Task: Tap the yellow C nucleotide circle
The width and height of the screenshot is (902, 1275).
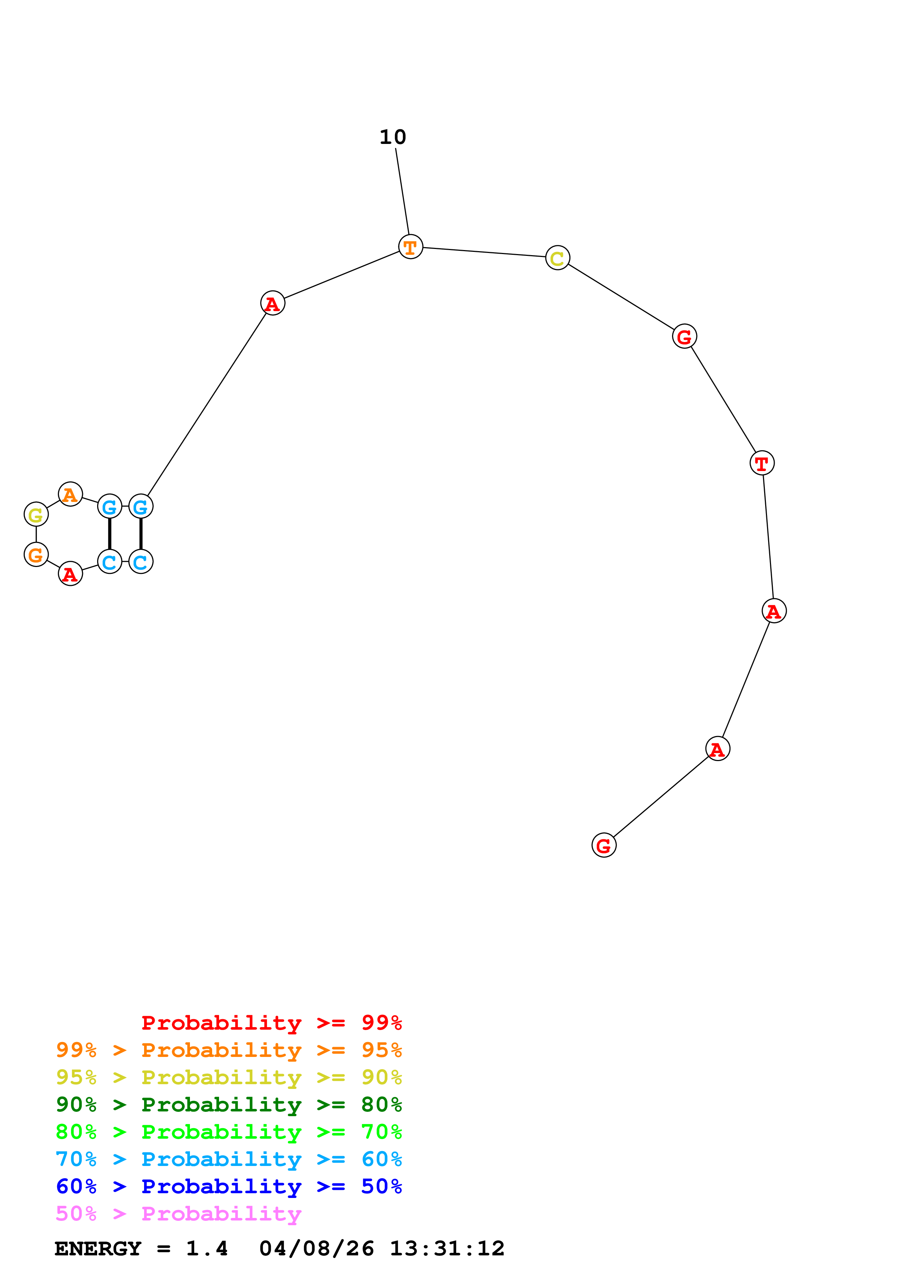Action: [557, 258]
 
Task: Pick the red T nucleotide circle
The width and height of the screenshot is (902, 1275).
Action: [762, 463]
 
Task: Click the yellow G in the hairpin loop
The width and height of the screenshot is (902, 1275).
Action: [36, 515]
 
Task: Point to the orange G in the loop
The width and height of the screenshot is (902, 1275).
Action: [36, 555]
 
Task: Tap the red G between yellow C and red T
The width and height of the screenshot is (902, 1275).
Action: [684, 337]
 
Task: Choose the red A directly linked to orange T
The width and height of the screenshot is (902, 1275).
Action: [272, 303]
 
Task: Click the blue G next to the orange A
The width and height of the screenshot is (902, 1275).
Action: [110, 506]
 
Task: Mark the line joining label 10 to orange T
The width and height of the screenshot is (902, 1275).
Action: [402, 192]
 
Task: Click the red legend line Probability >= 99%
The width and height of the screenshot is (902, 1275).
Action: [271, 1023]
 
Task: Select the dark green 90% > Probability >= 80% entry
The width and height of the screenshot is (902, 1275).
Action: [229, 1105]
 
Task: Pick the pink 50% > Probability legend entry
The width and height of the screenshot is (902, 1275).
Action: [178, 1214]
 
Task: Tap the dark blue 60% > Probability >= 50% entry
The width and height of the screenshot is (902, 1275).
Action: [229, 1187]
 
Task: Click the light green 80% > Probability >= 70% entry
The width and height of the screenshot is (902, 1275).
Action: [229, 1132]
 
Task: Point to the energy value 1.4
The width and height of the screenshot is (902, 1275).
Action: [207, 1249]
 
